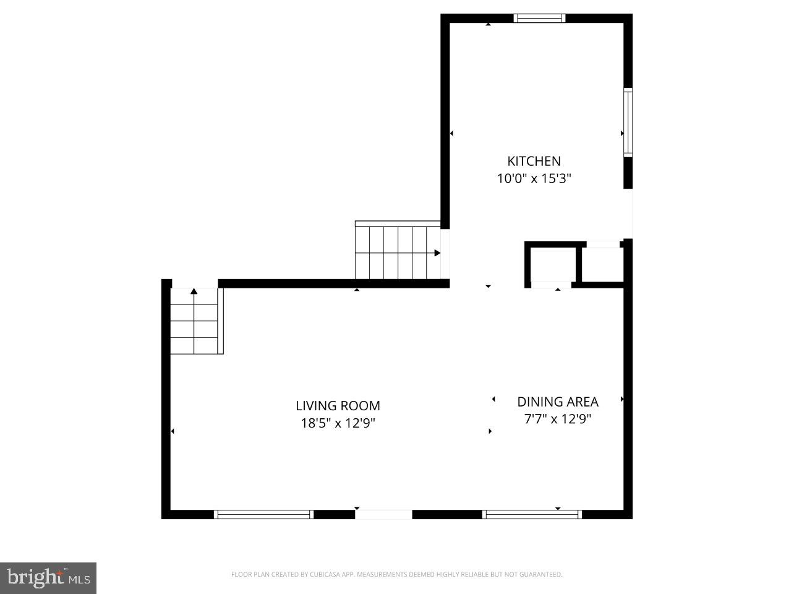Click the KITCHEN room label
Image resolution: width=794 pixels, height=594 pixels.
(x=534, y=161)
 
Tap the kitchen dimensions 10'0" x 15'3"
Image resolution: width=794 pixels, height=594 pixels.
(x=534, y=179)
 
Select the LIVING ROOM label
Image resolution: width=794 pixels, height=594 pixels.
(x=338, y=406)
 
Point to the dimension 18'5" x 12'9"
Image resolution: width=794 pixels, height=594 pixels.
(x=338, y=423)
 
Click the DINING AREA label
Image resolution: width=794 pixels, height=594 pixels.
(x=558, y=402)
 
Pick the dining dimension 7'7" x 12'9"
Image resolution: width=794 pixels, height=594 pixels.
(x=558, y=419)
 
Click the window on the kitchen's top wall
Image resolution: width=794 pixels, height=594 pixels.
(x=539, y=18)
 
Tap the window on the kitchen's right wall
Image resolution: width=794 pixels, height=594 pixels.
(x=628, y=122)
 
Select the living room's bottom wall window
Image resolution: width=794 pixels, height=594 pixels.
(x=263, y=514)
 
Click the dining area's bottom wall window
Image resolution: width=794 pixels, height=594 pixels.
(x=532, y=514)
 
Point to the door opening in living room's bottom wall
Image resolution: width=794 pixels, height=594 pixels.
(x=383, y=514)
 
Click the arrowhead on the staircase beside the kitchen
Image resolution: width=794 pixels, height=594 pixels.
(x=437, y=252)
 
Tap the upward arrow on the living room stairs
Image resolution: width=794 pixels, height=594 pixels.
(x=194, y=291)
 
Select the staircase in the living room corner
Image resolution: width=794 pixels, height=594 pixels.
(x=195, y=322)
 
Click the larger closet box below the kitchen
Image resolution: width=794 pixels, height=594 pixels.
(x=552, y=264)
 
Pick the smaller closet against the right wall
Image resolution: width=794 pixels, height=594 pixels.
(x=602, y=265)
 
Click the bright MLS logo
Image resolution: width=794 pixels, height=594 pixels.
(x=48, y=578)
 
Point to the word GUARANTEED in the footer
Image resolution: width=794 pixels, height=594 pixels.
(x=542, y=575)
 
